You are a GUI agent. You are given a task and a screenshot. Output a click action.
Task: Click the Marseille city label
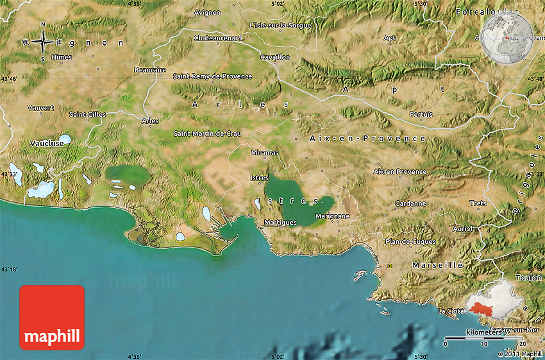437,265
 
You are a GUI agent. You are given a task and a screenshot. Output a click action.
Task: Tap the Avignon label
207,12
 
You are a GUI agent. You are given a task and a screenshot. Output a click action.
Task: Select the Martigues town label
280,223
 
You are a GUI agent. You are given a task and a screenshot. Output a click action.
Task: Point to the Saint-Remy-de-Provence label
212,76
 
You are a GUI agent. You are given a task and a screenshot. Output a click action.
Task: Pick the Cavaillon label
275,57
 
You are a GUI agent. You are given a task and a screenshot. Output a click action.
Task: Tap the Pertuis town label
421,114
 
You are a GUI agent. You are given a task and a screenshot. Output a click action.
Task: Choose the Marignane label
332,216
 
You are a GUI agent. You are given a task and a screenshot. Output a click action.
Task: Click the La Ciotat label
450,311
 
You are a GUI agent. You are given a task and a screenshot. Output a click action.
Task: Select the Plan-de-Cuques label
410,242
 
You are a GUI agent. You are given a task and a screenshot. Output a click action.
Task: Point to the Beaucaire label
150,70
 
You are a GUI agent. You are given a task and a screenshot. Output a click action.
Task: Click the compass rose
43,43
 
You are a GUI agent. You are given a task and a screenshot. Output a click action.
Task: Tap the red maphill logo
52,318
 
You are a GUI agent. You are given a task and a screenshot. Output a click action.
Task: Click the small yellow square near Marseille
389,265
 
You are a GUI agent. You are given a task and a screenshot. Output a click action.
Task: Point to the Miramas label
265,153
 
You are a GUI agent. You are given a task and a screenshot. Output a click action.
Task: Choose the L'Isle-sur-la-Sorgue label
280,26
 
